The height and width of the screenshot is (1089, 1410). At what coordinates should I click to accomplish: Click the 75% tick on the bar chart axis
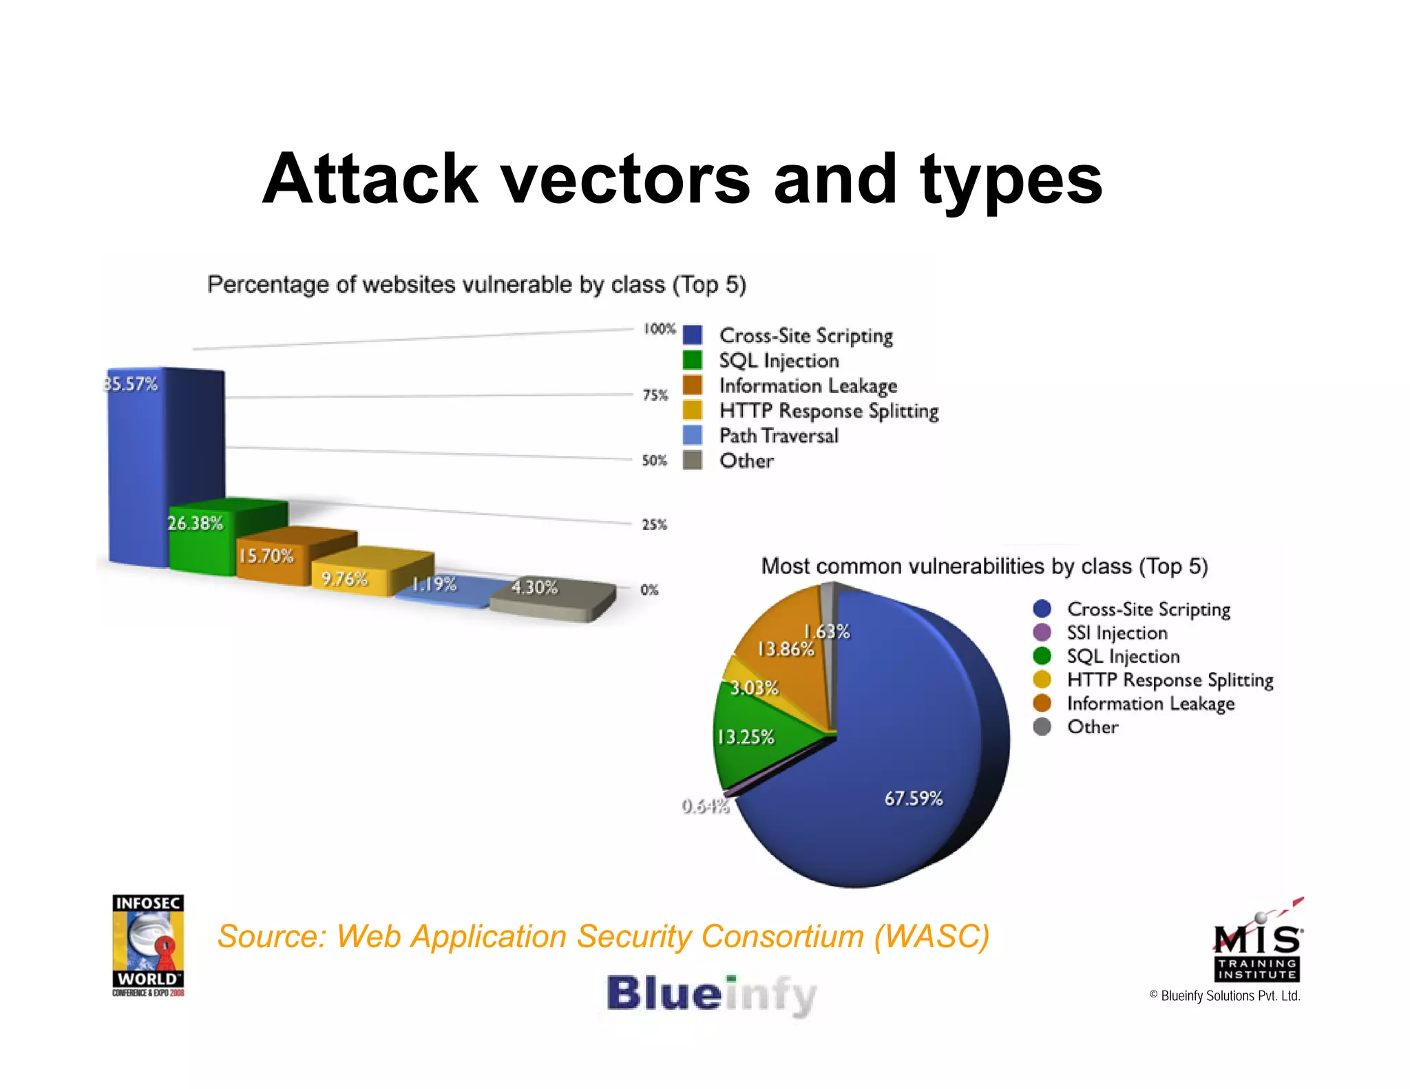point(655,395)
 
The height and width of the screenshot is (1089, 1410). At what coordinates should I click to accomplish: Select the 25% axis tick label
point(654,525)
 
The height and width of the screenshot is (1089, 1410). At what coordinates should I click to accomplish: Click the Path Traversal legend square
point(692,435)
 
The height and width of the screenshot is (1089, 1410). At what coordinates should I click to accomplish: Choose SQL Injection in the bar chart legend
point(778,361)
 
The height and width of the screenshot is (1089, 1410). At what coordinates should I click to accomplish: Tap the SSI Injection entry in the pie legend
point(1116,633)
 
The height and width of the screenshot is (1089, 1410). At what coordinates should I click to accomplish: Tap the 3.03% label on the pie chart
point(754,688)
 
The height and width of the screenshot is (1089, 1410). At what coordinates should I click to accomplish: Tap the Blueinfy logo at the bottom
point(711,995)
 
